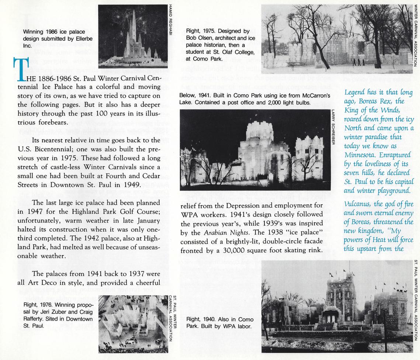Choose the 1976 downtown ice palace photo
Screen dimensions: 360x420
coord(133,323)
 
